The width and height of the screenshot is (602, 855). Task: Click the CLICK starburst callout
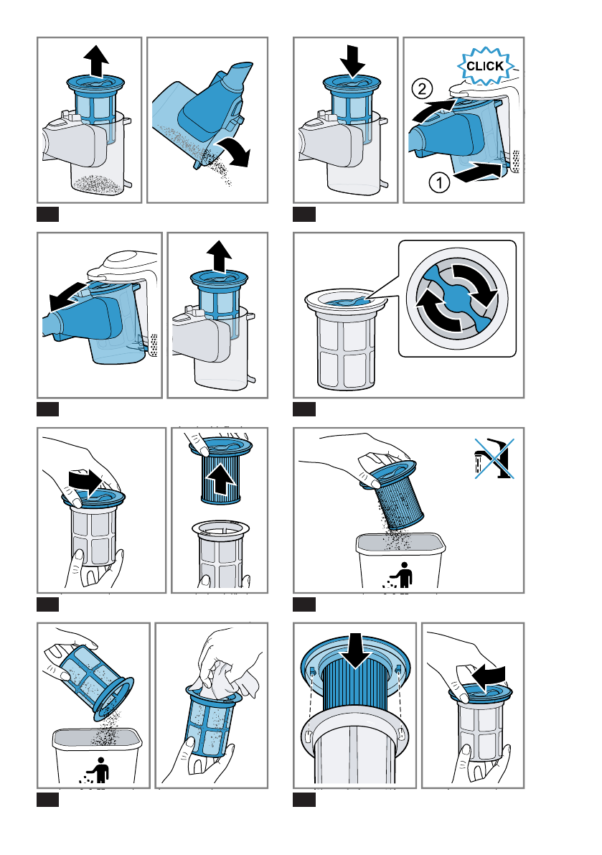pos(486,67)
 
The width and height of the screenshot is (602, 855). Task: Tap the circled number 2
pos(422,88)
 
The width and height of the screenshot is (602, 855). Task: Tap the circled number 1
pos(439,182)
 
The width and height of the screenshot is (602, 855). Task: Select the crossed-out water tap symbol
pos(494,458)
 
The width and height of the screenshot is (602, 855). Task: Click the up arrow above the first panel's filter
pos(96,60)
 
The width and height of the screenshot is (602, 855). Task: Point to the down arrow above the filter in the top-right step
pos(352,60)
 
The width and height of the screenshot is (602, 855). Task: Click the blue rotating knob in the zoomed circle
pos(457,298)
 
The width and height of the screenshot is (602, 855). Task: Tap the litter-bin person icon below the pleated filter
pos(401,576)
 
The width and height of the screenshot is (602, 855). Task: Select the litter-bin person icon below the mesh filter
pos(97,770)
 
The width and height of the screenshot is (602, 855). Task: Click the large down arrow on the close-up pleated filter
pos(355,650)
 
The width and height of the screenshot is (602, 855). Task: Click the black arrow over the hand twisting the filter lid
pos(85,482)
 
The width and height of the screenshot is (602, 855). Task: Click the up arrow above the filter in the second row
pos(219,256)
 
